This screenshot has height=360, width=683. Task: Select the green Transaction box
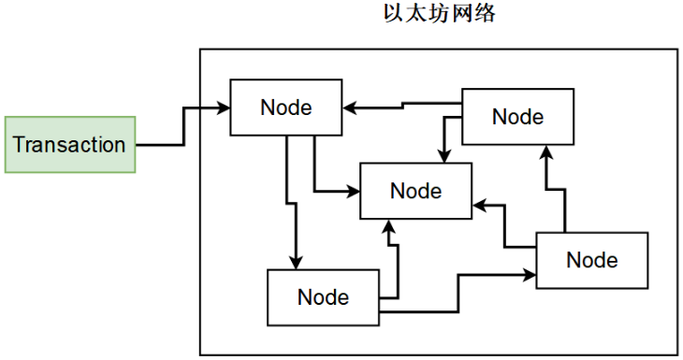70,145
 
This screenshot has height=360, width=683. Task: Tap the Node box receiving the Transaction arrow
285,107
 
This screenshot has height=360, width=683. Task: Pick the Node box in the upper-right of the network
517,117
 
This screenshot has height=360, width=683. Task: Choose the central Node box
416,191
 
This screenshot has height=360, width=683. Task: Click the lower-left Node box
323,297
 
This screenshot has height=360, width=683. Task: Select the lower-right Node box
591,259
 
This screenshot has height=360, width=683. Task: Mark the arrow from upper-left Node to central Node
316,168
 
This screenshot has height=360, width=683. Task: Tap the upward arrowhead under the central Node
389,225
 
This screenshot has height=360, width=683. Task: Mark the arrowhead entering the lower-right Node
530,275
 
